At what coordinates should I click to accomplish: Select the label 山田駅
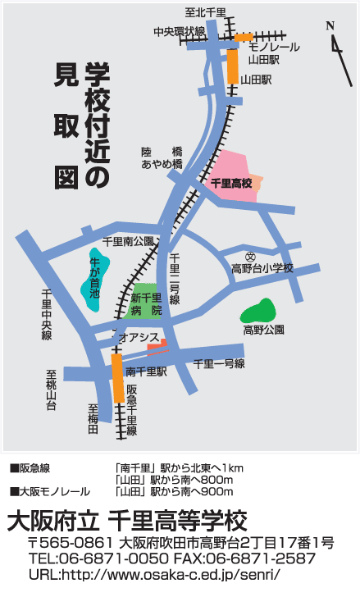point(256,80)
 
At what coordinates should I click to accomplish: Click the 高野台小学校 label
point(262,269)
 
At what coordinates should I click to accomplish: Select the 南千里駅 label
point(147,371)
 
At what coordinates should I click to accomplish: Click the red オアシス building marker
point(157,346)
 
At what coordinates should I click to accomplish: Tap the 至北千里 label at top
point(205,12)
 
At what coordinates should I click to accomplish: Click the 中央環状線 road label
point(179,31)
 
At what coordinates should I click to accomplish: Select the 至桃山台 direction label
point(51,390)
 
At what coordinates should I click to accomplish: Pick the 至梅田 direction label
point(93,418)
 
